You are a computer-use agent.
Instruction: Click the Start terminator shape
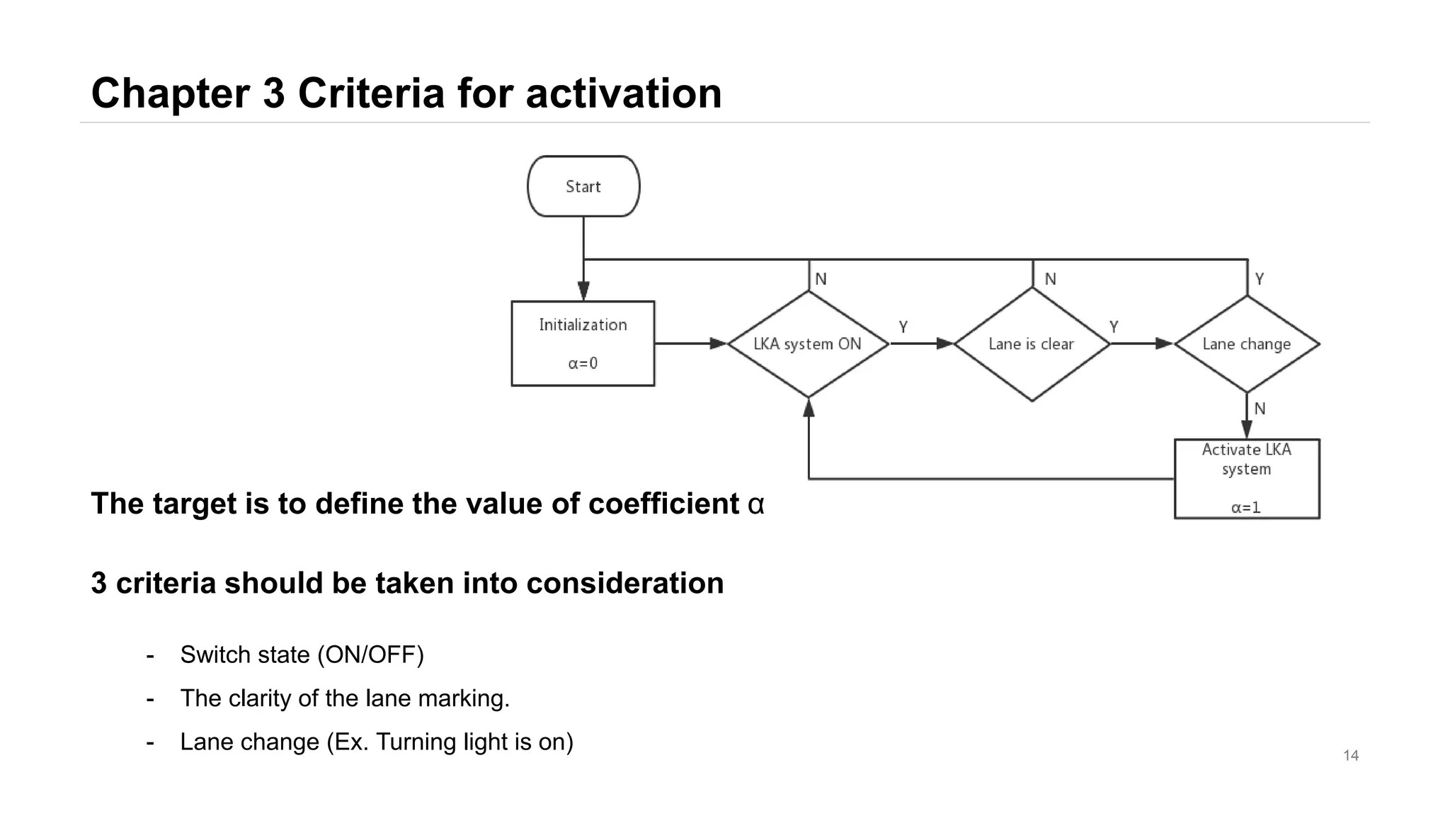583,186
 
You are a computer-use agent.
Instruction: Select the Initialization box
583,344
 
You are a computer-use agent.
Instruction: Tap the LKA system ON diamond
808,344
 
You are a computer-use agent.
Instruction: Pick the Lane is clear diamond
1032,344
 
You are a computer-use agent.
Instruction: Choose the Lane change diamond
1247,344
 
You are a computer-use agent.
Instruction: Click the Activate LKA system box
1247,478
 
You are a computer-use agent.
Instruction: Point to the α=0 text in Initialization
583,363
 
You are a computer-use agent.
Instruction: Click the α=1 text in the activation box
1246,507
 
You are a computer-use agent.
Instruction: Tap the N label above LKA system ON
821,279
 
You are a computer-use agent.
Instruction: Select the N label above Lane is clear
1050,279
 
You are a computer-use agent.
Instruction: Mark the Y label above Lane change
1260,279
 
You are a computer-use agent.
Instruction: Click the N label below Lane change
1260,409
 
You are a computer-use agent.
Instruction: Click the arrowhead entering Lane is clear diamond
946,344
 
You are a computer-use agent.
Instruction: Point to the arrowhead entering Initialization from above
583,291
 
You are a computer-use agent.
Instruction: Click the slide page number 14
1351,756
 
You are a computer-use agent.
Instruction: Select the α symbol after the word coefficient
756,504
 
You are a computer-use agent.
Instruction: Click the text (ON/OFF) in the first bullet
370,654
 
